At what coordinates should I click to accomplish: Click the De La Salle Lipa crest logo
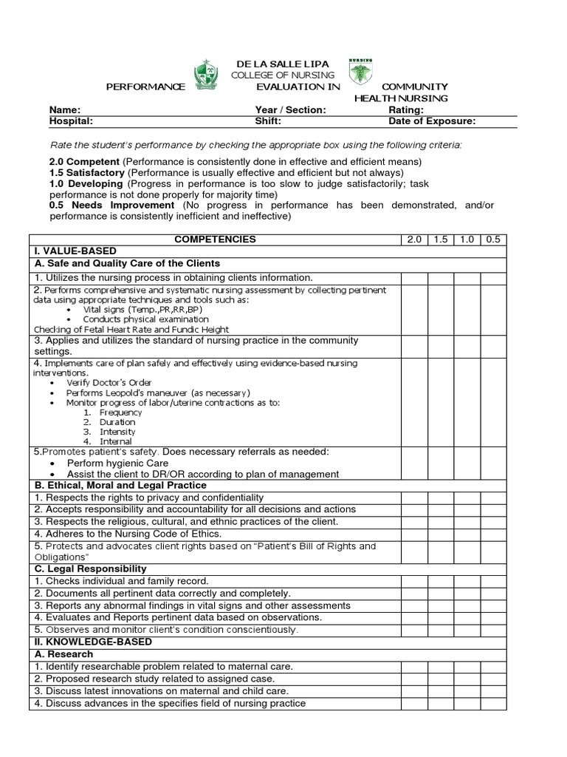(x=207, y=75)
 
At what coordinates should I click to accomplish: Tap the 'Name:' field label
(x=63, y=110)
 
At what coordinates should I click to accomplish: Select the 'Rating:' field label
(x=406, y=110)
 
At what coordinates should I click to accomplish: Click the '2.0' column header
(x=414, y=240)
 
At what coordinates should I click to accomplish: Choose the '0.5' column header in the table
(x=493, y=240)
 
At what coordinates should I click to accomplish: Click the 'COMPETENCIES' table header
(x=215, y=240)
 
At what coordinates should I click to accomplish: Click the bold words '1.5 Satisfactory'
(x=86, y=172)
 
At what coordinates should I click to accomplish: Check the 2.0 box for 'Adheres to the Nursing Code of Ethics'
(x=414, y=534)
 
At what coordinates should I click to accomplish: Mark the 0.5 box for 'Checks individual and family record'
(x=493, y=581)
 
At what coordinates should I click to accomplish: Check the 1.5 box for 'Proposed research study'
(x=441, y=679)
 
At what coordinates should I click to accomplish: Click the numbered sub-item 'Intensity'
(x=117, y=431)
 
